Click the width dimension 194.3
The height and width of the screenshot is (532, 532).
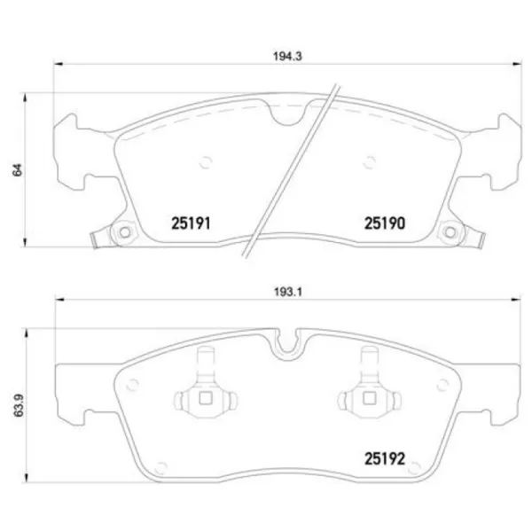pyautogui.click(x=284, y=55)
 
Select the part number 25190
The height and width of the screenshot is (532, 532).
pyautogui.click(x=384, y=224)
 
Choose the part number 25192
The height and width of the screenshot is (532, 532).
pyautogui.click(x=385, y=459)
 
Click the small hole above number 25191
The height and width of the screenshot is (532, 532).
pyautogui.click(x=206, y=161)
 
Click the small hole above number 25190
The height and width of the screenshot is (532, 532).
pyautogui.click(x=369, y=161)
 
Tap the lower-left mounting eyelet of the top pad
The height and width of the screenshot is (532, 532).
pyautogui.click(x=123, y=233)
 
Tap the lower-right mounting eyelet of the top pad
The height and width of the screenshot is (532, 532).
pyautogui.click(x=450, y=233)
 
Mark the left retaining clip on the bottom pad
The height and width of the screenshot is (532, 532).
pyautogui.click(x=206, y=395)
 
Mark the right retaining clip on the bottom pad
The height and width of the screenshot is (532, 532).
pyautogui.click(x=368, y=395)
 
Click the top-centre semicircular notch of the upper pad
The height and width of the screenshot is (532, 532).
pyautogui.click(x=286, y=113)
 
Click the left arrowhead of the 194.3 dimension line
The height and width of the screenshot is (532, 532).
pyautogui.click(x=59, y=63)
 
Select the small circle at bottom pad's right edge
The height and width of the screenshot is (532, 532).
pyautogui.click(x=441, y=385)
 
